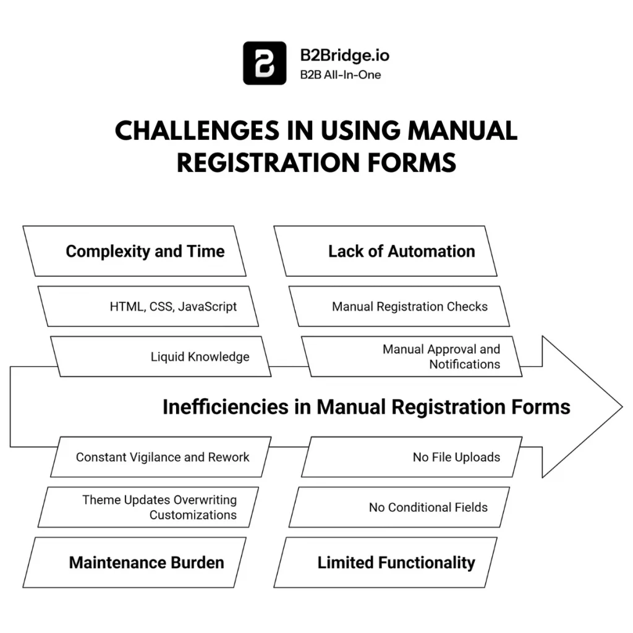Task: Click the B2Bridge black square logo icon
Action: (265, 63)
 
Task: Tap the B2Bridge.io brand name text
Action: (344, 54)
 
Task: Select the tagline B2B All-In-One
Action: (341, 75)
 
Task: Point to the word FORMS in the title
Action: (410, 163)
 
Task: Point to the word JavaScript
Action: (207, 307)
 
